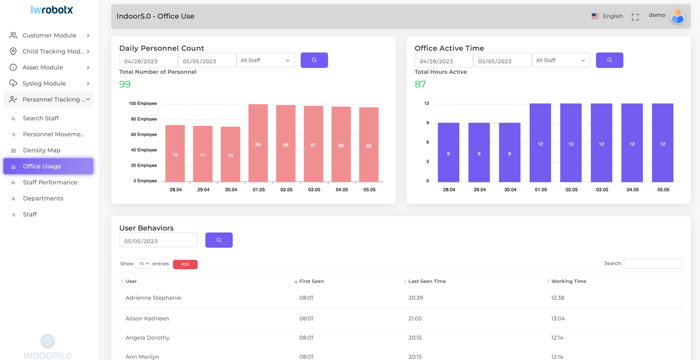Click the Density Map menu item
coord(42,150)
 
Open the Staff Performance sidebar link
coord(50,182)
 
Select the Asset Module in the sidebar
coord(42,67)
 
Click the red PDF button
coord(185,264)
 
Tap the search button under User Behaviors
coord(219,240)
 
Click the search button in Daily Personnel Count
coord(314,60)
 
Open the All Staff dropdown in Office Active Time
coord(561,60)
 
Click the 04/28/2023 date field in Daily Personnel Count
coord(148,61)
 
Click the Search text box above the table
coord(653,264)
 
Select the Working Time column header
coord(568,281)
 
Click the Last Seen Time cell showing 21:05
coord(415,318)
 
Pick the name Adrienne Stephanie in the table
coord(153,298)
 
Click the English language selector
coord(607,16)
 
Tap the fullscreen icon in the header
coord(635,17)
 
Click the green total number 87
coord(420,84)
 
